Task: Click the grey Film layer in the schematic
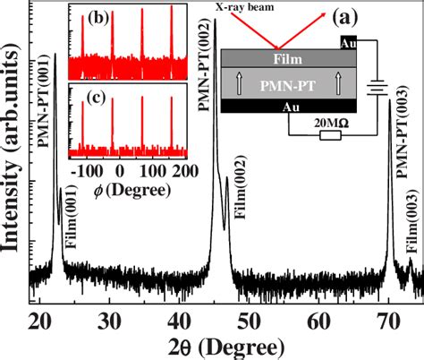click(290, 59)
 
